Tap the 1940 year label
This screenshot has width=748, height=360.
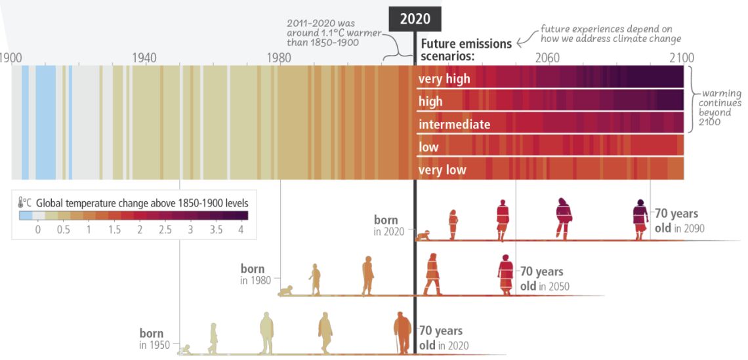[x=144, y=58]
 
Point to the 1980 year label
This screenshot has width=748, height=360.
[x=279, y=58]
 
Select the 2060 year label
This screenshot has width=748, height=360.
[x=547, y=58]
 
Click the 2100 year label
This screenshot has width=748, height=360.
[x=681, y=58]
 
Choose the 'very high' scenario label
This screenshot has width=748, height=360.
[x=444, y=79]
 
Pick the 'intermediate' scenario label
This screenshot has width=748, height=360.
[x=454, y=124]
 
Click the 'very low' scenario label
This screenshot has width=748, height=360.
[x=442, y=170]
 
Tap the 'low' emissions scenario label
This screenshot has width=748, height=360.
[x=428, y=147]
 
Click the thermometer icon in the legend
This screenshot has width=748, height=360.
[x=22, y=203]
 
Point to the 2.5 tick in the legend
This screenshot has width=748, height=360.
[x=165, y=230]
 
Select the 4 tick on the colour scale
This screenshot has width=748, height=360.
[x=241, y=230]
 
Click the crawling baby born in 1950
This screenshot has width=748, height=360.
[x=186, y=350]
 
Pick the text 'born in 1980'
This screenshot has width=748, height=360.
[x=252, y=274]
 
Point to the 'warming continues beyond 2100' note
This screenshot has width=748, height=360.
[x=720, y=108]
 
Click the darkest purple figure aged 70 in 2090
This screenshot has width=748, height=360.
[x=640, y=219]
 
